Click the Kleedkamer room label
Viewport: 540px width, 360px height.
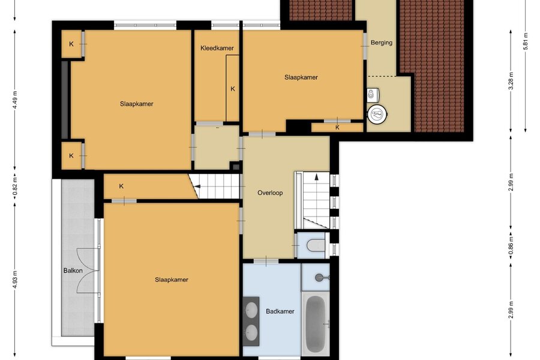click(217, 48)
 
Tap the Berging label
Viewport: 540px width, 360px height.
click(381, 43)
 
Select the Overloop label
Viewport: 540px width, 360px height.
click(270, 193)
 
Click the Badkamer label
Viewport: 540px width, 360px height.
click(280, 311)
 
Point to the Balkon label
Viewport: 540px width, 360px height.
click(73, 271)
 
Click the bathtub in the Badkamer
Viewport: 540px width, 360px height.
click(315, 324)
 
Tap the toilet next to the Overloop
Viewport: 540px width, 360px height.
click(315, 245)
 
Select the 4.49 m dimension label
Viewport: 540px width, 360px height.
click(15, 100)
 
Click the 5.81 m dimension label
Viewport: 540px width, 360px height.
click(525, 41)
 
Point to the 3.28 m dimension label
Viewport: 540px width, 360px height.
click(511, 81)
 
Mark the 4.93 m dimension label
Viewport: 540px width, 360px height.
click(15, 280)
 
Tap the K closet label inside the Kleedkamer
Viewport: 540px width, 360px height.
click(233, 89)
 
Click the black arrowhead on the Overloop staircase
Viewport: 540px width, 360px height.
click(316, 177)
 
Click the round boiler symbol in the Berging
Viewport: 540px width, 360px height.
click(377, 113)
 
